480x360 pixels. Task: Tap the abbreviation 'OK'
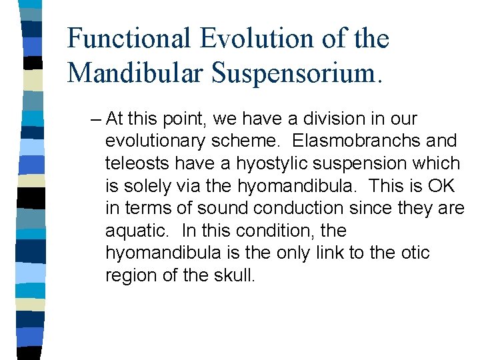[443, 186]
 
